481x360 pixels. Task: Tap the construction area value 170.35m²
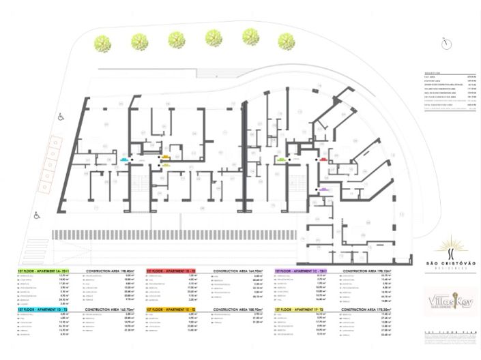pyautogui.click(x=379, y=309)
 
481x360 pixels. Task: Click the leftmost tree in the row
pyautogui.click(x=104, y=42)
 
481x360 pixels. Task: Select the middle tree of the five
pyautogui.click(x=177, y=39)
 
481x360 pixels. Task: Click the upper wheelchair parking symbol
pyautogui.click(x=60, y=117)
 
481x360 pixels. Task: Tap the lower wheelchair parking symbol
pyautogui.click(x=37, y=215)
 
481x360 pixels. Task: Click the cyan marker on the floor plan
pyautogui.click(x=123, y=159)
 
